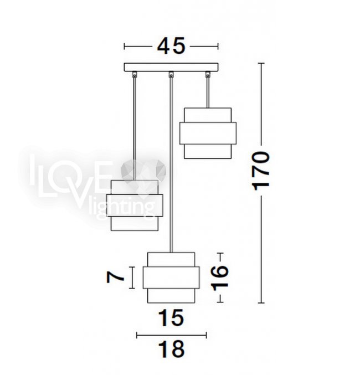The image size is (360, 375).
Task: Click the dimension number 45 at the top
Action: click(x=171, y=45)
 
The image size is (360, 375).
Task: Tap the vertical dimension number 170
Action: click(x=261, y=171)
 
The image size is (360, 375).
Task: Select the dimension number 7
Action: click(x=115, y=278)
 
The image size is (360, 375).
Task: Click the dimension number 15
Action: click(x=171, y=317)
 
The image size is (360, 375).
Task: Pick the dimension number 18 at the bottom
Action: click(x=172, y=349)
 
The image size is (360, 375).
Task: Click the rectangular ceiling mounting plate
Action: click(x=171, y=67)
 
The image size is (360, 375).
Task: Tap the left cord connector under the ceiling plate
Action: click(x=135, y=74)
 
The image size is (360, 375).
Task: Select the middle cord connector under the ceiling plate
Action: click(x=171, y=74)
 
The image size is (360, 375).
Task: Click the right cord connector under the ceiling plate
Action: click(x=208, y=74)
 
